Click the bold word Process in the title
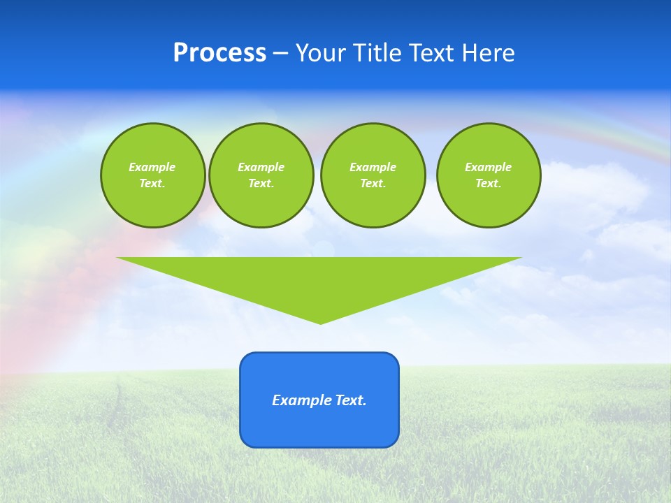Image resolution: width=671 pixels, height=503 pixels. click(219, 53)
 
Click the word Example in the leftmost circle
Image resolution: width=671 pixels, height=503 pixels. click(152, 167)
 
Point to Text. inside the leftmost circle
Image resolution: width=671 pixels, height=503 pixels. click(152, 184)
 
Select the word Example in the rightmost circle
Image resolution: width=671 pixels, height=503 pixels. click(489, 167)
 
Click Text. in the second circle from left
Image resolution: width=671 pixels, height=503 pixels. click(261, 184)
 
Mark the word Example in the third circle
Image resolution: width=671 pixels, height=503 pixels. click(373, 167)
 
